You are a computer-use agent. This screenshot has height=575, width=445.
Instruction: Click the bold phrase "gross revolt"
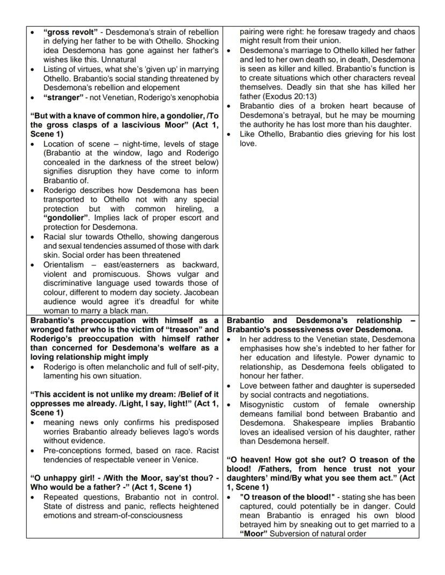point(68,32)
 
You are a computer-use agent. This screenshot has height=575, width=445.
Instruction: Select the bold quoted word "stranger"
point(62,97)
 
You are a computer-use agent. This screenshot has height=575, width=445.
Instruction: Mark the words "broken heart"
point(319,106)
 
